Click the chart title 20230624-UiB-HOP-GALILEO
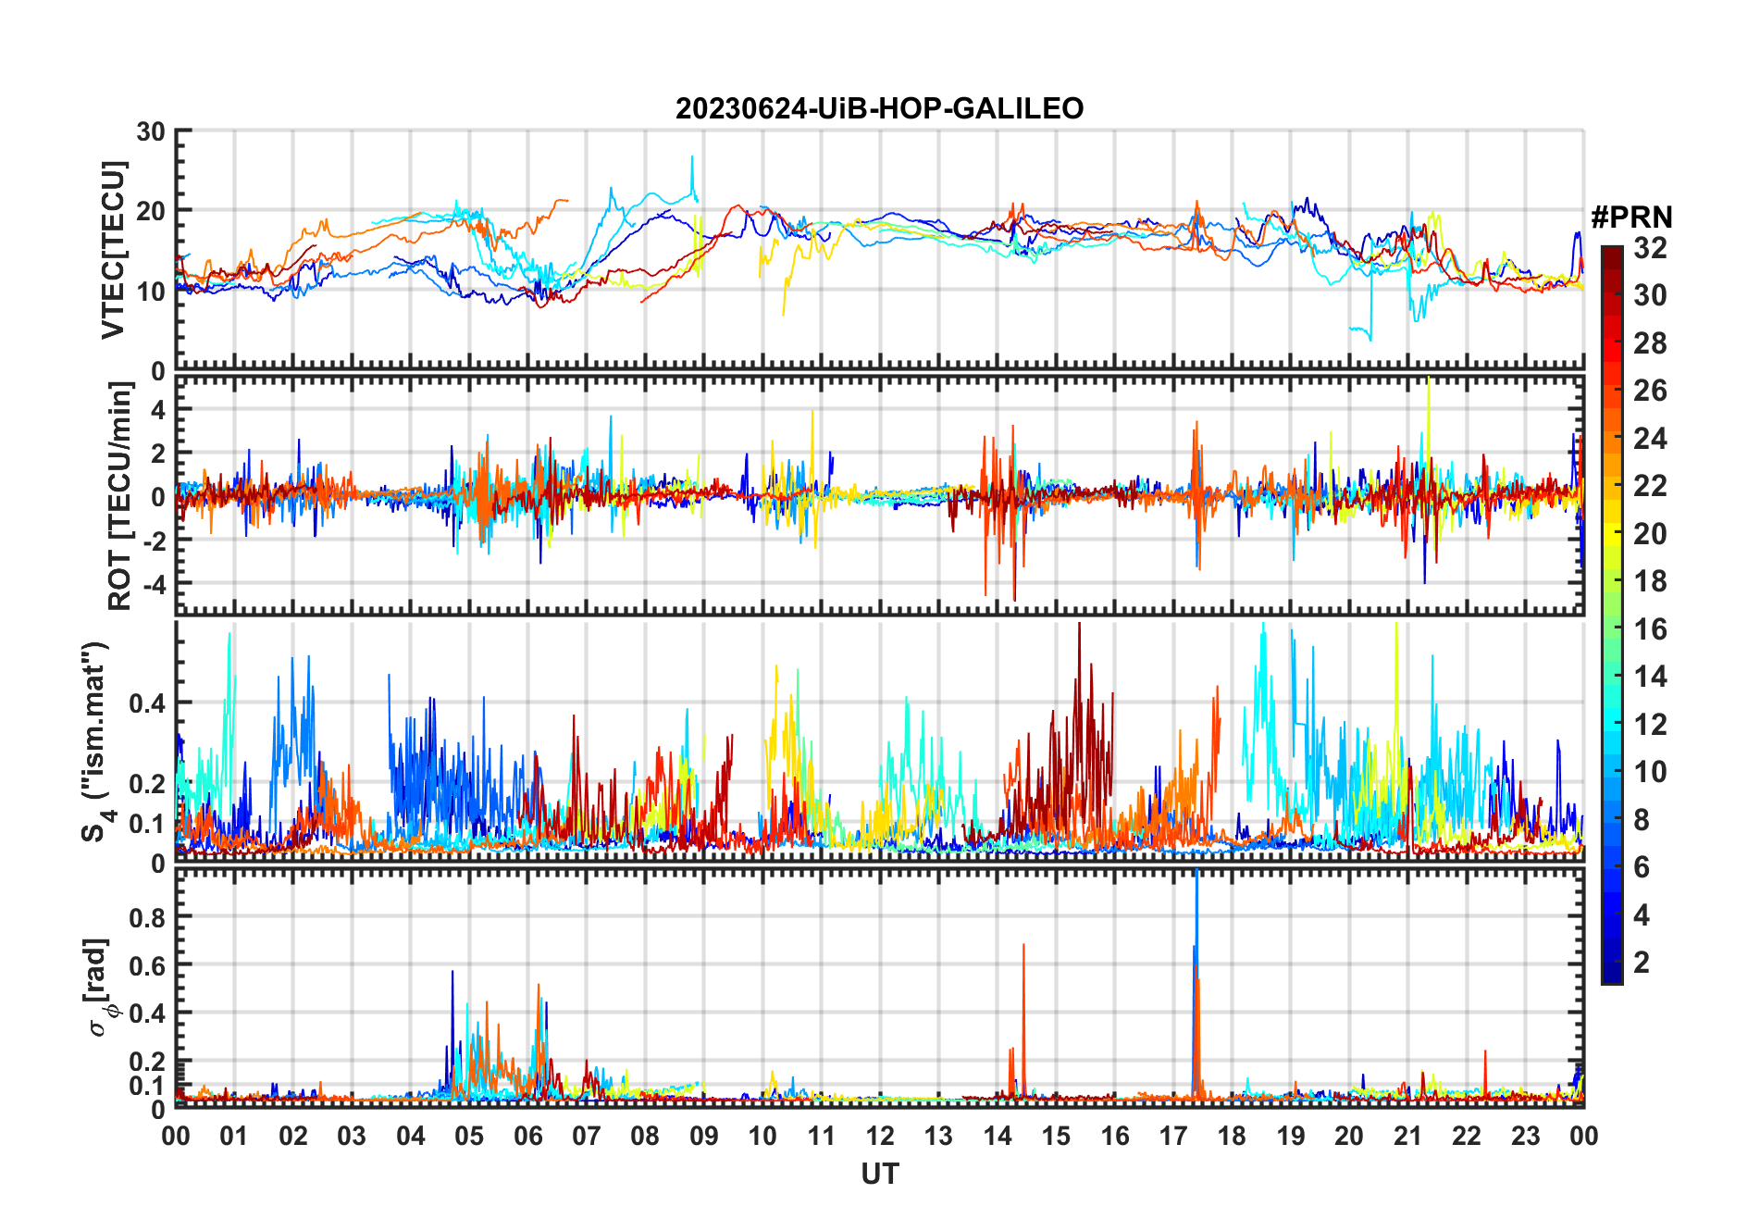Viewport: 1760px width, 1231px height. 879,109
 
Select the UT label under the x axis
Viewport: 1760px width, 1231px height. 879,1174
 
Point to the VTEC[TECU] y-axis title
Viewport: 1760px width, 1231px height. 113,250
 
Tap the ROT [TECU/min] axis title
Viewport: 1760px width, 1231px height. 119,496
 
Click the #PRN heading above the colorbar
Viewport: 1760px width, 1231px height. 1631,218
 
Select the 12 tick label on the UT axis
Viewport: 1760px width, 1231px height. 879,1136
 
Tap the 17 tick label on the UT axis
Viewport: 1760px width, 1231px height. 1172,1136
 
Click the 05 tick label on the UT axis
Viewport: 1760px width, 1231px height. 468,1136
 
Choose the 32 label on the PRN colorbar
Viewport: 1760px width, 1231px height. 1650,248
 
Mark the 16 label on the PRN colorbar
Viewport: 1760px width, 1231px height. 1650,629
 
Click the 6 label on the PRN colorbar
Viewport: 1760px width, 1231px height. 1642,867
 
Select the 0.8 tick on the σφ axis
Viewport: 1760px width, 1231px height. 149,917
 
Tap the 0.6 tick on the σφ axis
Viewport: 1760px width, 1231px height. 149,965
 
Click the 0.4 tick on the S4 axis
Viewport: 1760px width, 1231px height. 149,703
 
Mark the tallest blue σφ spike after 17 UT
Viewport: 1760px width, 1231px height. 1196,875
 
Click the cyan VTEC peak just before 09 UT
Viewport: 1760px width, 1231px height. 691,158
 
